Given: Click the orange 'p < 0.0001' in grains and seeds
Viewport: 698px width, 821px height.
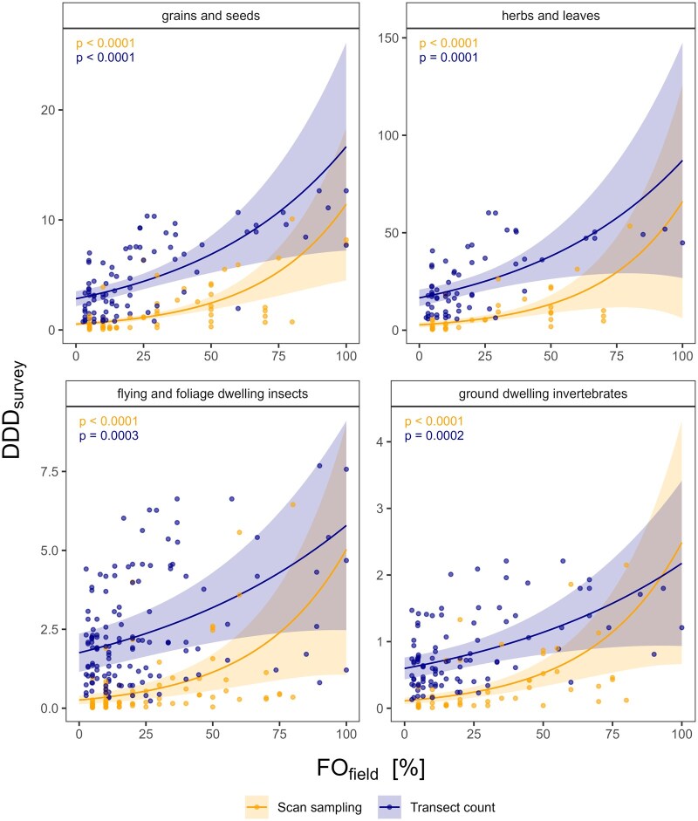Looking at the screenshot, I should click(x=104, y=44).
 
